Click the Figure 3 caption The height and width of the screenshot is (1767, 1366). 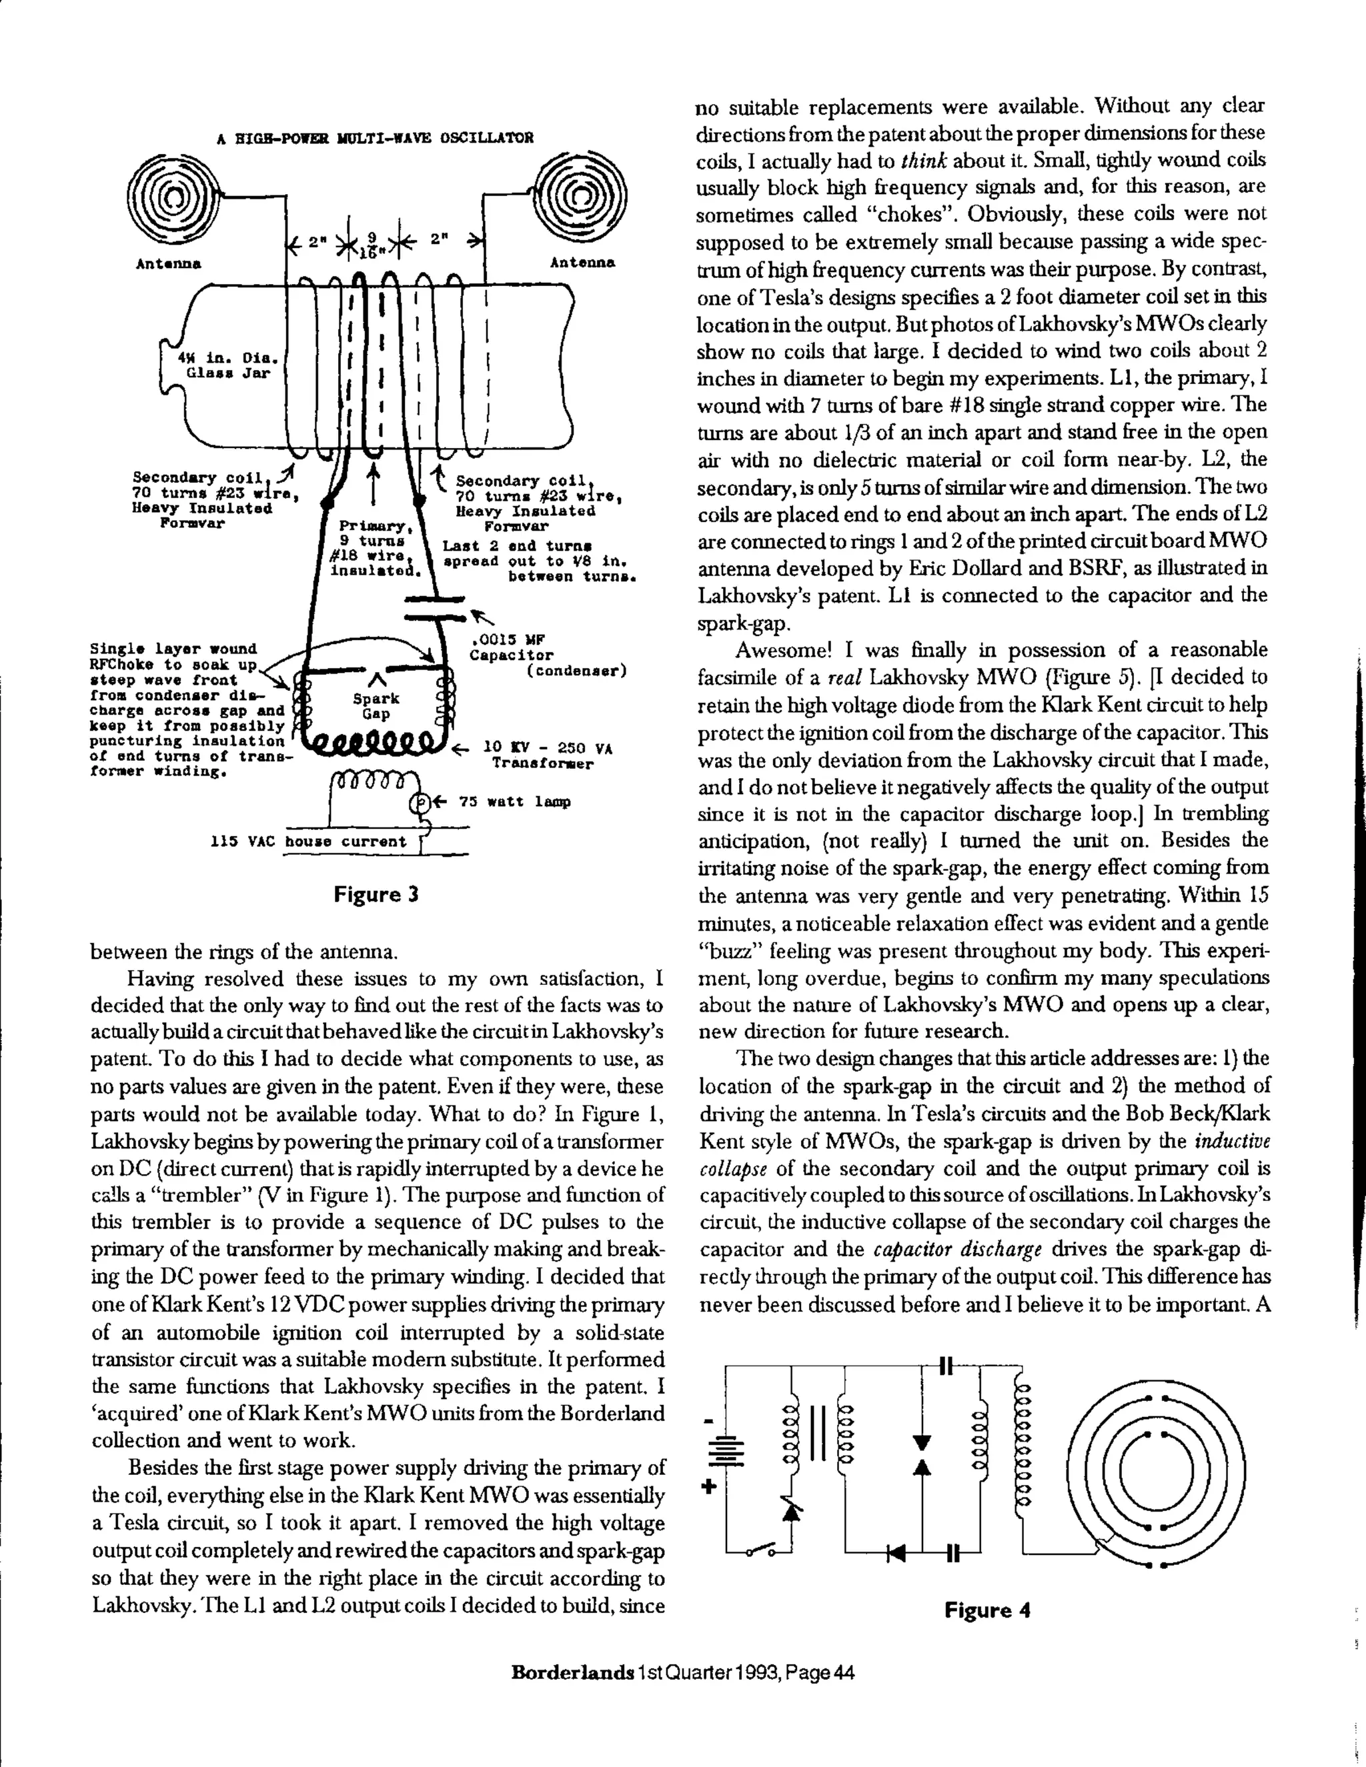(x=376, y=894)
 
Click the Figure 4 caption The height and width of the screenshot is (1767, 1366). (x=986, y=1610)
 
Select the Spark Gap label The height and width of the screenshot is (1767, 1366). (x=376, y=705)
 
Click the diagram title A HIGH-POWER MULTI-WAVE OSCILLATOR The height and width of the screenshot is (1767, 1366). (x=376, y=137)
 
